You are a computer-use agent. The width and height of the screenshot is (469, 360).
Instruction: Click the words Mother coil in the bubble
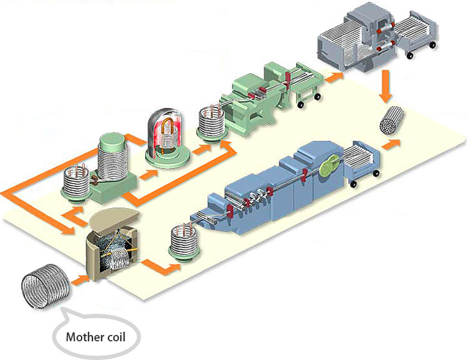[x=96, y=336]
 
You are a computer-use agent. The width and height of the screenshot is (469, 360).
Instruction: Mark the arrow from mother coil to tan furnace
[x=79, y=279]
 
